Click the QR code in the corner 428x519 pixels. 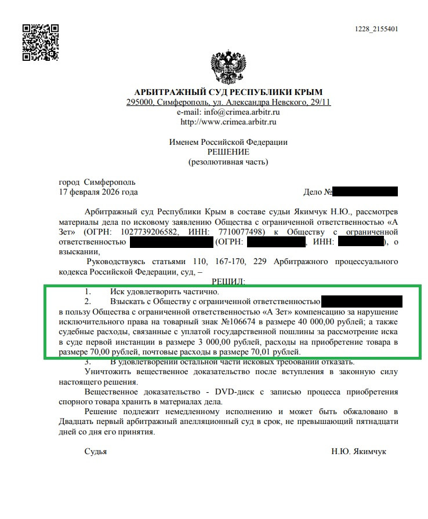click(40, 43)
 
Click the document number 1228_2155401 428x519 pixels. click(376, 30)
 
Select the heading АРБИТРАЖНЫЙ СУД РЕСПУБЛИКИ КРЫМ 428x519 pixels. click(228, 93)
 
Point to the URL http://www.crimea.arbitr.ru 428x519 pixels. click(228, 122)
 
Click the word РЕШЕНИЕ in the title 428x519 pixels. click(228, 152)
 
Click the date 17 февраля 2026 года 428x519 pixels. click(99, 192)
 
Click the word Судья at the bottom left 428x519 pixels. click(96, 451)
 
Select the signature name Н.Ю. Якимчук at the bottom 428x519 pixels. click(358, 451)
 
